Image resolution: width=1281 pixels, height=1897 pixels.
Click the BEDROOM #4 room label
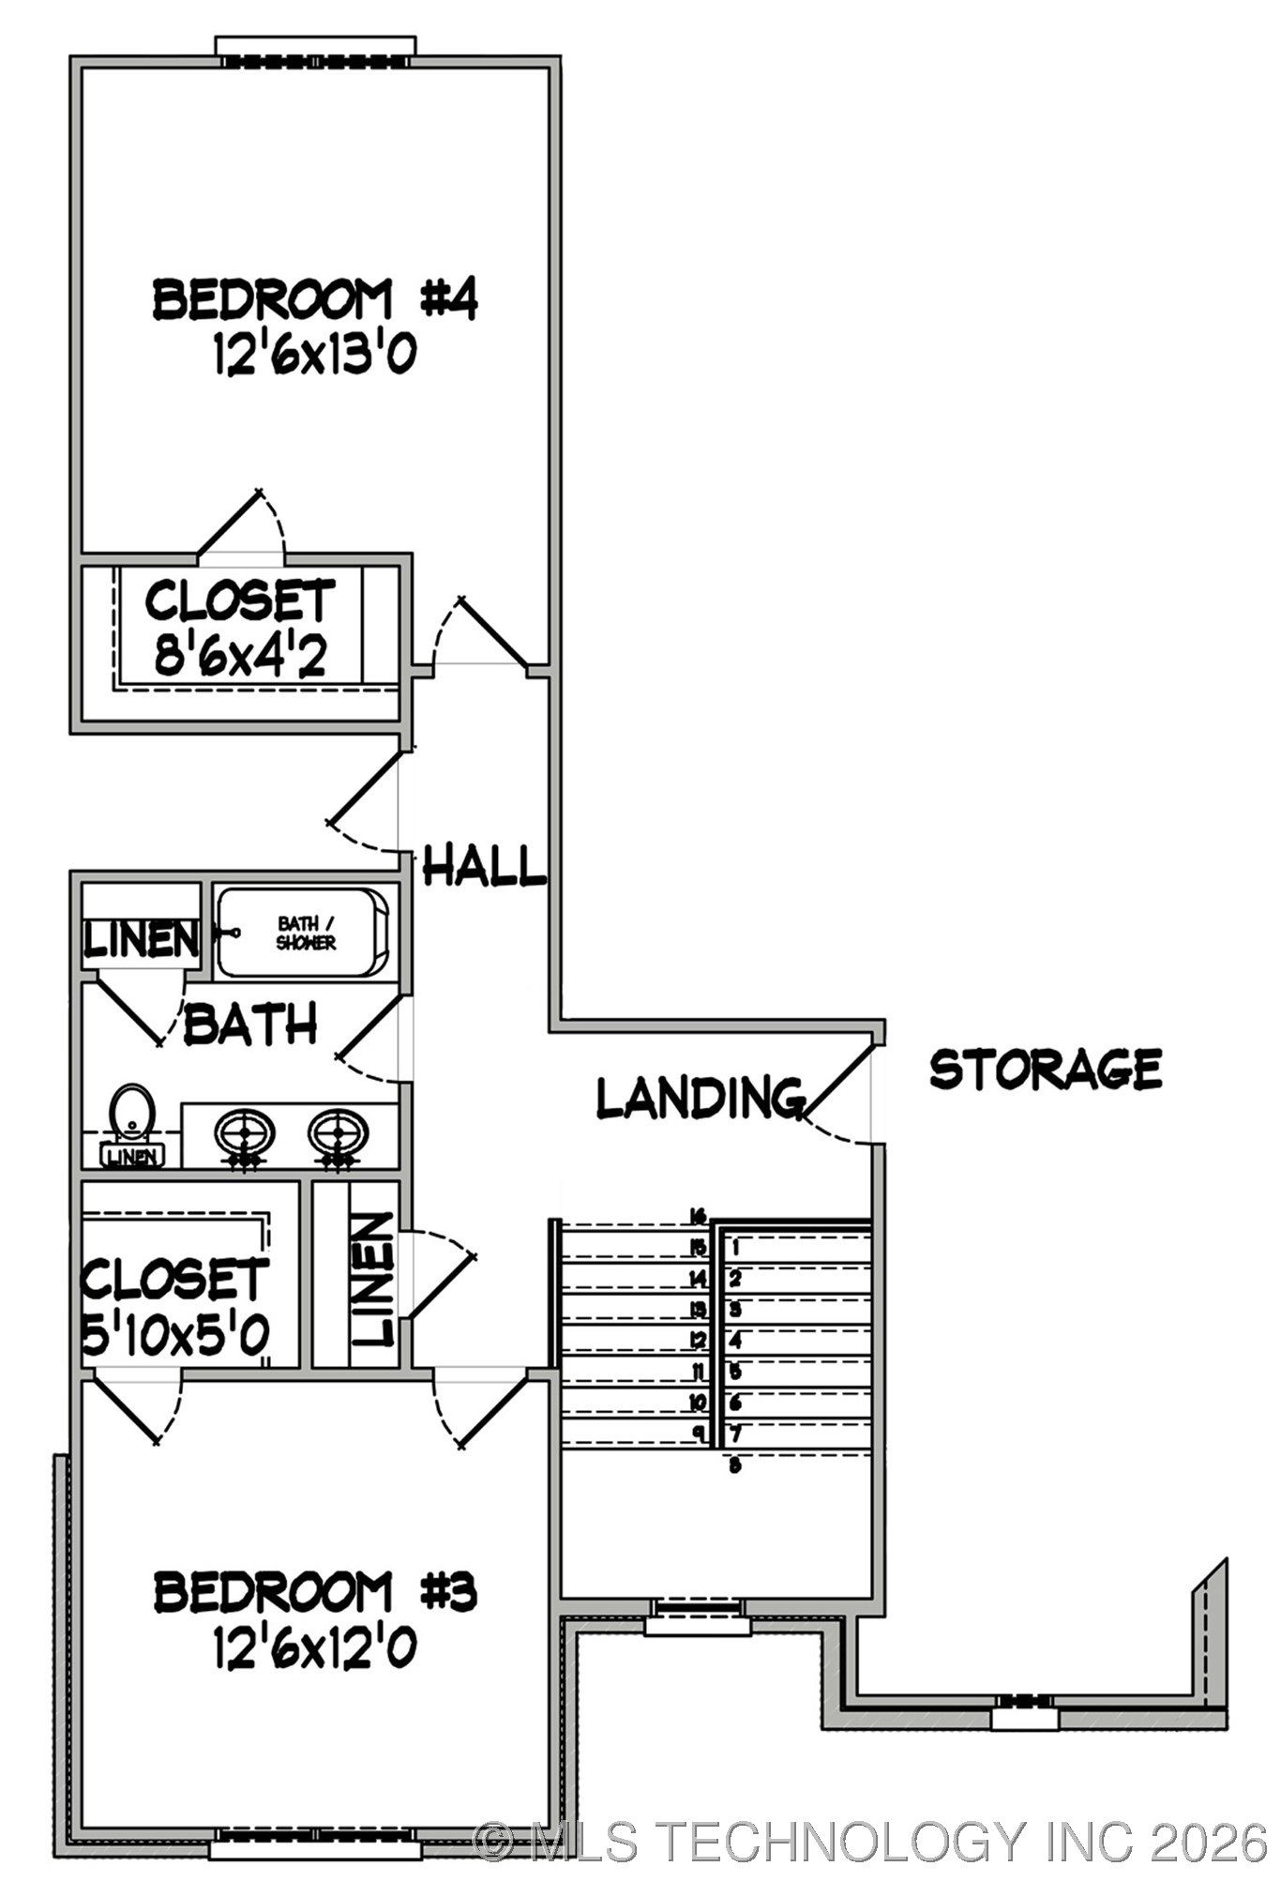point(315,299)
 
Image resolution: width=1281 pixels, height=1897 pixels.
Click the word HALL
point(484,865)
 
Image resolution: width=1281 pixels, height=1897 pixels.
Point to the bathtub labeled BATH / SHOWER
point(303,933)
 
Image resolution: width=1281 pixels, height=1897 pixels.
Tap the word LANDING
point(701,1097)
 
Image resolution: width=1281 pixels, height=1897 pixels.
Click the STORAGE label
point(1046,1069)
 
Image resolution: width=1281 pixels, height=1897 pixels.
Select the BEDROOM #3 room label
point(315,1591)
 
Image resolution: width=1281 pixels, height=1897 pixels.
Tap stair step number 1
point(735,1248)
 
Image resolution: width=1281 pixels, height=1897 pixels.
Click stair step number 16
point(697,1217)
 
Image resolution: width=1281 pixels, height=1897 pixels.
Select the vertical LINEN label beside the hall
point(374,1280)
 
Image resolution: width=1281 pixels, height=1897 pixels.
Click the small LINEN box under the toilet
point(132,1156)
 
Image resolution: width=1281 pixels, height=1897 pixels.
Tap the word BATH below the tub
point(250,1024)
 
